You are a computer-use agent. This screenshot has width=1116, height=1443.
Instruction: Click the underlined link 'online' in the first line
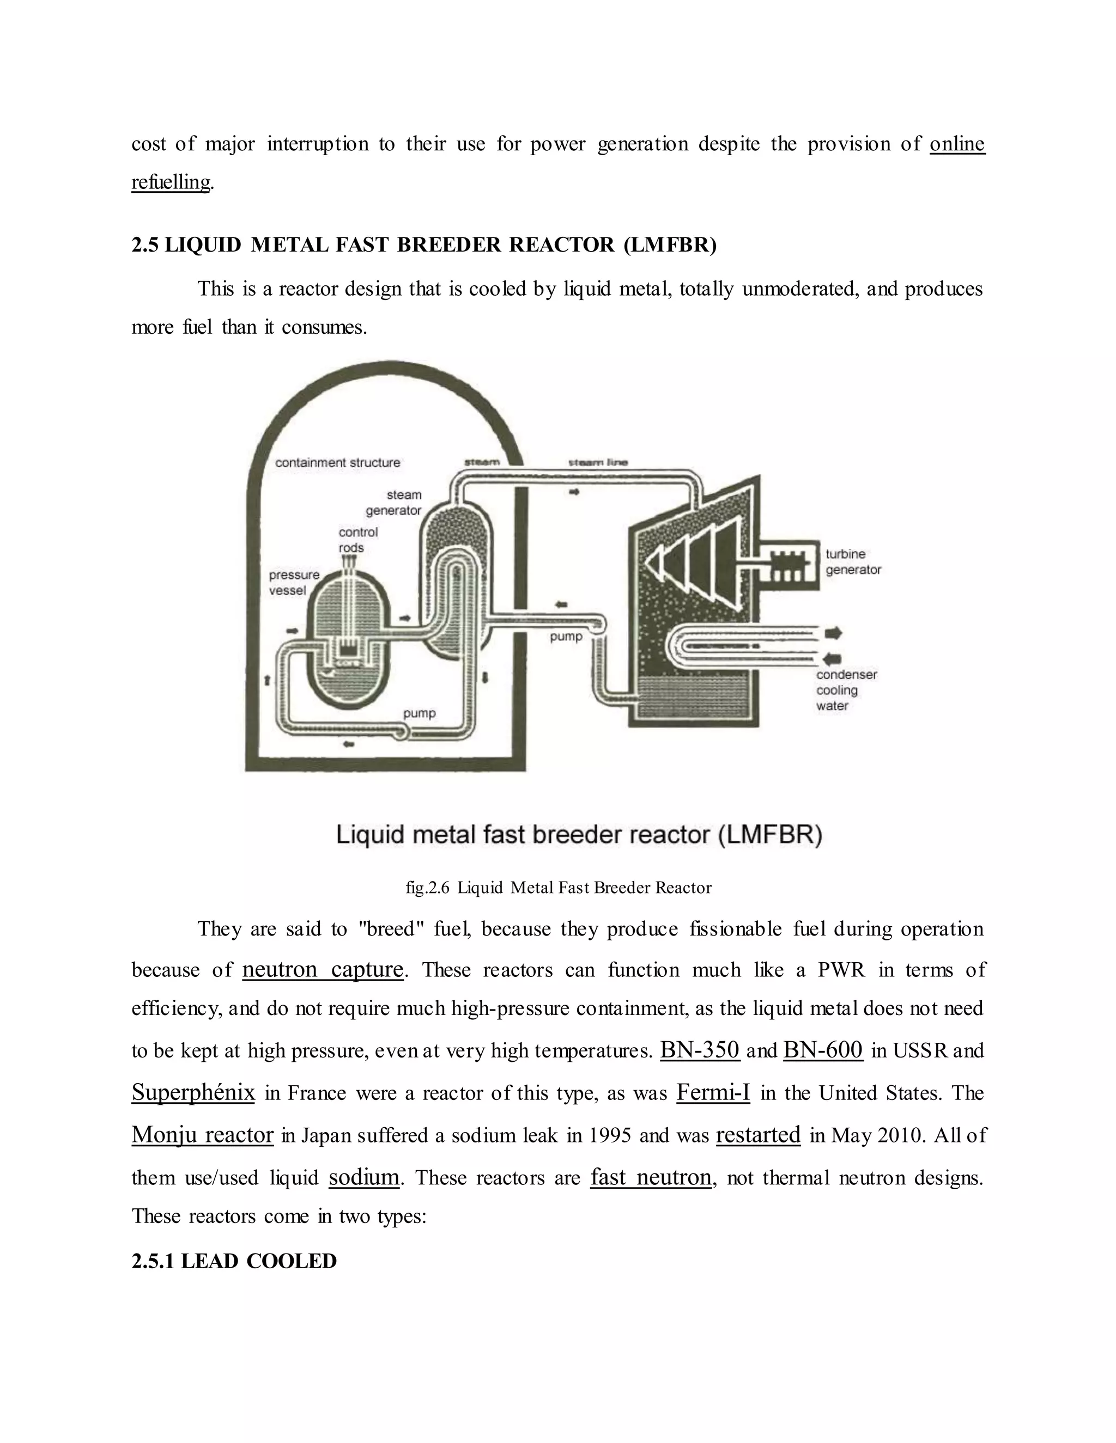[x=957, y=144]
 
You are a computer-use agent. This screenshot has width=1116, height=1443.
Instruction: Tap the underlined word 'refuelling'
[x=171, y=182]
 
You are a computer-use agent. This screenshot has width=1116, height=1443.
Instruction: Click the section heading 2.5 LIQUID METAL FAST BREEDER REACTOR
[x=424, y=245]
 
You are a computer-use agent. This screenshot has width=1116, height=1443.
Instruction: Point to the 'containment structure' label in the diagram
[x=337, y=462]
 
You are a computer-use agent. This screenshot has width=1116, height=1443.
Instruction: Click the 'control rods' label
[x=357, y=540]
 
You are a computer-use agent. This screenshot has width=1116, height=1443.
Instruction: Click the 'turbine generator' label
[x=853, y=561]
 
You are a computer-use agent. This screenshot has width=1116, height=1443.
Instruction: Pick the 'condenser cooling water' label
[x=846, y=690]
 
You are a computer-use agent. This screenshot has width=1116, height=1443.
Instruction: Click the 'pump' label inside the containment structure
[x=419, y=713]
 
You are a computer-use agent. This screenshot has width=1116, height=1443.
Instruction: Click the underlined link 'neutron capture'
[x=323, y=969]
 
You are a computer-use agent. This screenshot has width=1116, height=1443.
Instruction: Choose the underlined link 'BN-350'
[x=700, y=1050]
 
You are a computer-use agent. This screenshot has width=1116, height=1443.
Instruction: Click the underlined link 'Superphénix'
[x=193, y=1092]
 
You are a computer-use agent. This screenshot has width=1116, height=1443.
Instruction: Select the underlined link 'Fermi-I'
[x=713, y=1092]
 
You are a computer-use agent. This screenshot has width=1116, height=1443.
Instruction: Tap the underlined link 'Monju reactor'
[x=202, y=1134]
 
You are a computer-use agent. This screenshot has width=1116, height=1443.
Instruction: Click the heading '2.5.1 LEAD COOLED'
[x=234, y=1261]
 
